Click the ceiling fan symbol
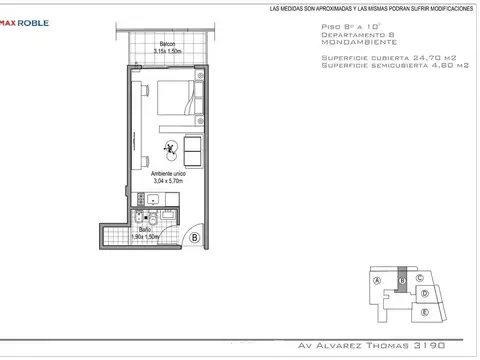[x=171, y=151]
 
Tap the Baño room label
[x=146, y=230]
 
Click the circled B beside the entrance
[x=194, y=238]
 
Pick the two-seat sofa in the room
[x=192, y=151]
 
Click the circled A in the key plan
[x=378, y=281]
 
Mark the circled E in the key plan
[x=425, y=312]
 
